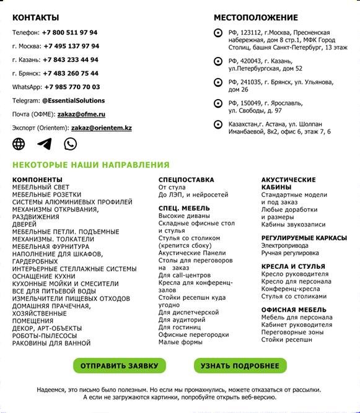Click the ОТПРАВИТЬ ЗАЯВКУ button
coord(119,365)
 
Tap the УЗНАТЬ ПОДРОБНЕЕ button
coord(240,365)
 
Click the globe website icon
coord(19,144)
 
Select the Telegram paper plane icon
coord(45,144)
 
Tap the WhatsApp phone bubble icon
coord(71,144)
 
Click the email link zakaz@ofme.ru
coord(81,115)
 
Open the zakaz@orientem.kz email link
coord(102,128)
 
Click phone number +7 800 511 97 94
coord(69,33)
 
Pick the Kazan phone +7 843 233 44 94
coord(70,60)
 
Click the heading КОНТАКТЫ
coord(36,17)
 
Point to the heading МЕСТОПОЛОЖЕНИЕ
coord(256,17)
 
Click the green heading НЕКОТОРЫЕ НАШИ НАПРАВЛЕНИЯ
coord(90,165)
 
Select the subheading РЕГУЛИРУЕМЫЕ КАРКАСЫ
coord(304,238)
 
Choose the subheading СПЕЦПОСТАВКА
coord(187,180)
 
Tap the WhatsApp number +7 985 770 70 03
coord(71,87)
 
